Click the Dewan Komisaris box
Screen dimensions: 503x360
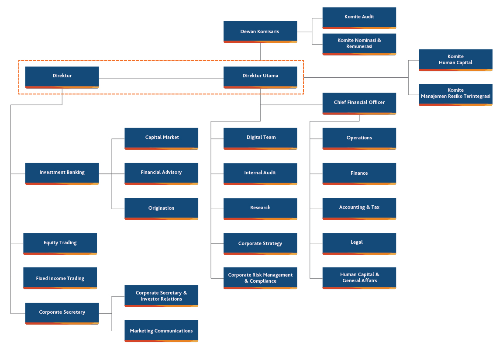coord(260,32)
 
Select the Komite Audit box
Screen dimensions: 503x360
coord(359,18)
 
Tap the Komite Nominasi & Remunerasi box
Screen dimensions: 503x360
coord(359,44)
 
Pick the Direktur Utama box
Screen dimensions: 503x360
coord(260,77)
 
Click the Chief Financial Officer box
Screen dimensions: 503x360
coord(359,104)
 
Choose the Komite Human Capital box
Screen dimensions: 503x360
coord(455,60)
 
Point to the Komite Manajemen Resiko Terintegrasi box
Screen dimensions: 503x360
coord(455,95)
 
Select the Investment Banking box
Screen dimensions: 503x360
coord(62,173)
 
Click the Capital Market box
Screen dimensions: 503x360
coord(162,138)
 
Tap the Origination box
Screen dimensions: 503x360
coord(162,208)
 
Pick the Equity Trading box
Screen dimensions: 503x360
coord(60,244)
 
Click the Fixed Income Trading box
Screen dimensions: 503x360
coord(60,278)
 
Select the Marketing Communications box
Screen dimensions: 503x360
coord(162,331)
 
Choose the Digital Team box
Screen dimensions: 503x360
coord(260,138)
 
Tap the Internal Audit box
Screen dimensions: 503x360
coord(260,174)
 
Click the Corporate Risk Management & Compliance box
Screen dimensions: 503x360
coord(260,278)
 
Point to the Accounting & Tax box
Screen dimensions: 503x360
coord(359,208)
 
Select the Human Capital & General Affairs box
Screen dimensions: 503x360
coord(359,278)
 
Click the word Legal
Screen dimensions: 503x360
coord(357,242)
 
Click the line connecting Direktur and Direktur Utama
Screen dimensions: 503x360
coord(161,78)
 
